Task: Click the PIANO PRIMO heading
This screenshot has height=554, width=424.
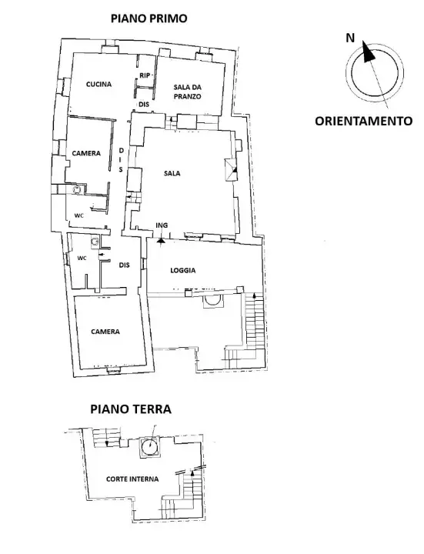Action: pos(148,18)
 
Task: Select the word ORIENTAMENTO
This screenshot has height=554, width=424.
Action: pos(364,121)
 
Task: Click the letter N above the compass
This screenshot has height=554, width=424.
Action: pos(350,37)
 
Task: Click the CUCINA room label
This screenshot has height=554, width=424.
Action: pos(99,85)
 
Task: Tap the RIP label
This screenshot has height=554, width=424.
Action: pos(144,75)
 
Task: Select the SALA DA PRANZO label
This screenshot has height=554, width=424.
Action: pos(186,92)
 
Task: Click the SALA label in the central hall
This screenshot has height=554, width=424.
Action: pos(172,174)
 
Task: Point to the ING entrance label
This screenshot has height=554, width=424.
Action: pos(162,225)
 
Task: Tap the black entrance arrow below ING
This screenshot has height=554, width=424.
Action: pos(161,239)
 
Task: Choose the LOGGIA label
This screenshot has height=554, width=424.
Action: pos(182,271)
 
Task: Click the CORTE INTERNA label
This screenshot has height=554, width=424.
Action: pos(132,479)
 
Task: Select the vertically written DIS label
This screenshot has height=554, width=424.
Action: pos(121,159)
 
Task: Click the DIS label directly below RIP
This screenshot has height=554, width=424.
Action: pos(142,105)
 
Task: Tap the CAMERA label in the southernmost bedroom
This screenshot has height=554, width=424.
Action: pos(105,332)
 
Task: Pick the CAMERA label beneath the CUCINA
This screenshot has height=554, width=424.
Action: pos(86,153)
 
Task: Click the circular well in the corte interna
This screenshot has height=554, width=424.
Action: pos(149,446)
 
